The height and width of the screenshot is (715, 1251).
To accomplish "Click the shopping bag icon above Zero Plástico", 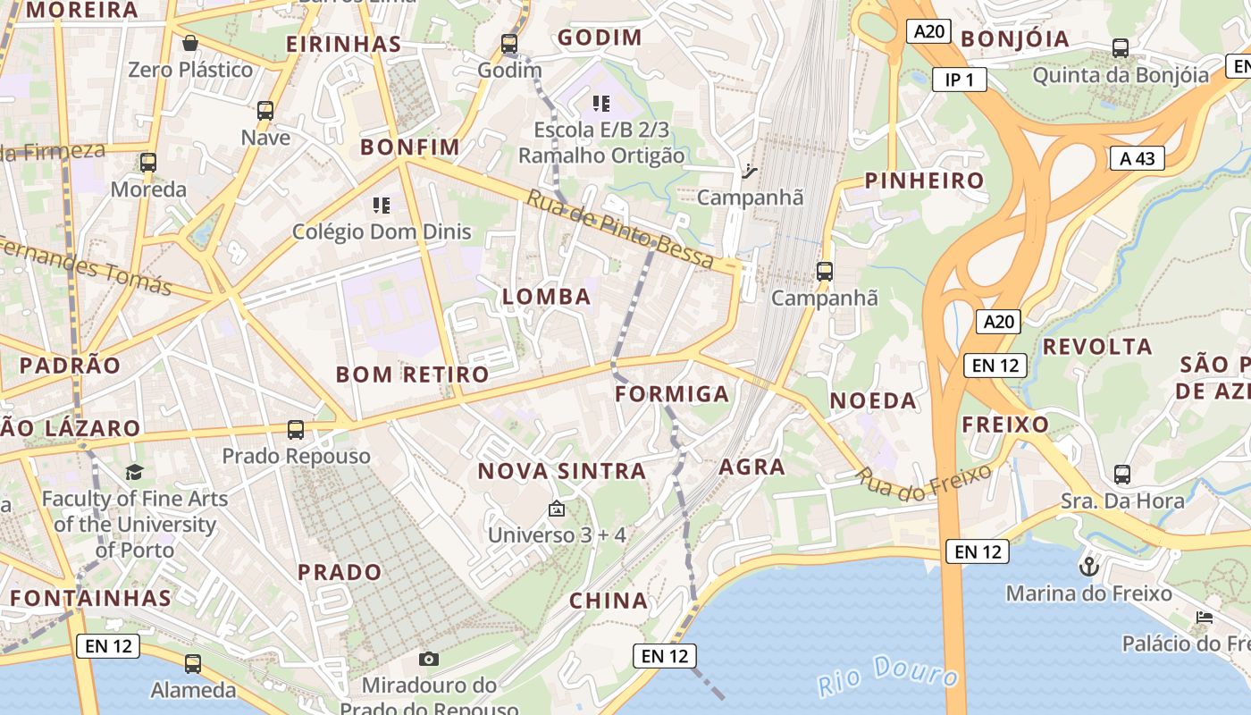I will [x=190, y=42].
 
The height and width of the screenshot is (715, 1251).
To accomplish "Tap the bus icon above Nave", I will [x=265, y=111].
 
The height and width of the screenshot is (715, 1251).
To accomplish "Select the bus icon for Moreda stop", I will [x=148, y=163].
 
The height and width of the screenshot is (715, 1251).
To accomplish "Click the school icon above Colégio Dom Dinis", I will [x=382, y=206].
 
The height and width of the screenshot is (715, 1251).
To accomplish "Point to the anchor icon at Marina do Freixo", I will [x=1088, y=566].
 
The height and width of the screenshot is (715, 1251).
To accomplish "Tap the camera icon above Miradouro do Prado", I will [x=429, y=659].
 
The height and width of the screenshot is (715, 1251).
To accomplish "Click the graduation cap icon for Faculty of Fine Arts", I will [x=134, y=472].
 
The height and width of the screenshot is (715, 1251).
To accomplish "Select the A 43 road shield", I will [x=1137, y=159].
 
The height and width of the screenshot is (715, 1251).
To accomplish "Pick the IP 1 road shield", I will [x=959, y=80].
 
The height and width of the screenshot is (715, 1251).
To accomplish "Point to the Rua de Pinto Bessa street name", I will [x=620, y=230].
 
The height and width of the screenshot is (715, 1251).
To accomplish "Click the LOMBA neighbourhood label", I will [x=547, y=297].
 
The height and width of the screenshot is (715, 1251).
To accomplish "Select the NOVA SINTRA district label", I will [x=561, y=471].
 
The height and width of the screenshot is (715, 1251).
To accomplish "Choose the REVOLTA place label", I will [x=1097, y=346].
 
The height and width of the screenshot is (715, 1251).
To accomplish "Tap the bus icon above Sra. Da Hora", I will [x=1122, y=474].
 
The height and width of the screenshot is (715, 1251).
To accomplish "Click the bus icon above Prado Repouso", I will [x=296, y=430].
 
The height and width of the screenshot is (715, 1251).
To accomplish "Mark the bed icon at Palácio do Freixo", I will [x=1205, y=617].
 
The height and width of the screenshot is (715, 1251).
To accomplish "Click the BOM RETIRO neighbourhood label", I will [x=412, y=374].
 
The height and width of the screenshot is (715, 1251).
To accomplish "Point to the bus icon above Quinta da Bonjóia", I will [x=1121, y=47].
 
